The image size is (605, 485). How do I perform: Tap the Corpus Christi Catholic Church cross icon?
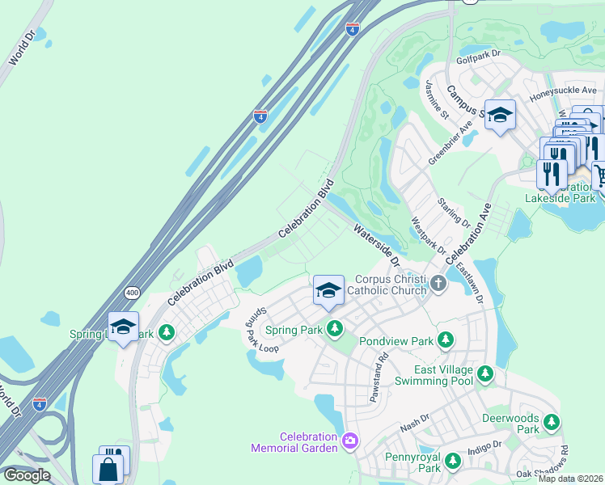click(x=438, y=283)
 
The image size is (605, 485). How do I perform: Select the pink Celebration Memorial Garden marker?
click(x=349, y=441)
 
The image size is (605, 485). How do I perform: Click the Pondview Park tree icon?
click(x=445, y=341)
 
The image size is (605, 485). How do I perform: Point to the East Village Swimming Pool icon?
click(x=484, y=373)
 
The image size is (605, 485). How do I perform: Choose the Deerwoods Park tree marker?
click(x=552, y=422)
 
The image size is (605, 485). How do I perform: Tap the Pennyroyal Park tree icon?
click(x=453, y=461)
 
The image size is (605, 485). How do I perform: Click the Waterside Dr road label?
click(x=376, y=247)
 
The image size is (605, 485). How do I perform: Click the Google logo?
click(x=27, y=475)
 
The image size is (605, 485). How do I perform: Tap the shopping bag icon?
click(x=108, y=468)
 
